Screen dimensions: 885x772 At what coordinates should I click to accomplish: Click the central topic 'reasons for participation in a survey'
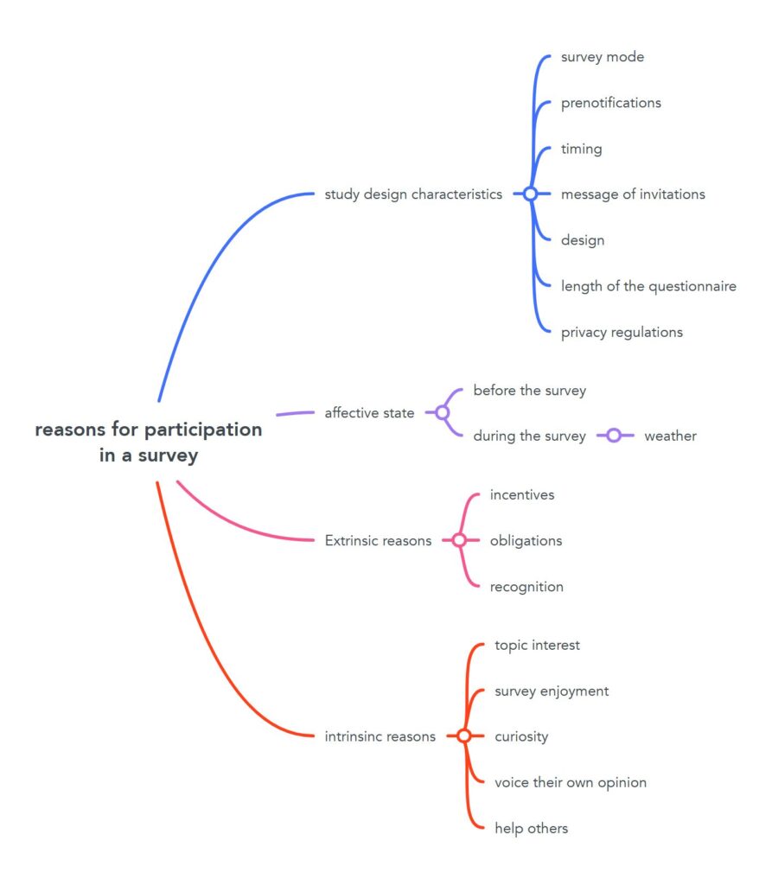pyautogui.click(x=149, y=442)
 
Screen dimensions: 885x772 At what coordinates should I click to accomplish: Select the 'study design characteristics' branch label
pyautogui.click(x=413, y=194)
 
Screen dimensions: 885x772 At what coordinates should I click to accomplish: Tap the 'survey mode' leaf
pyautogui.click(x=602, y=57)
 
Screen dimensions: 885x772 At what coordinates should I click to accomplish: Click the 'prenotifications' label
pyautogui.click(x=610, y=103)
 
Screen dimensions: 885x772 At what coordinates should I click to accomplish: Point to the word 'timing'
pyautogui.click(x=581, y=149)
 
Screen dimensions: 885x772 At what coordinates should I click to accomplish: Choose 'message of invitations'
pyautogui.click(x=633, y=194)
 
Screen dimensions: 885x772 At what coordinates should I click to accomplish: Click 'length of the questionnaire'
pyautogui.click(x=648, y=286)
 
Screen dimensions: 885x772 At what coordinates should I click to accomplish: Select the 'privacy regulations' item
pyautogui.click(x=622, y=332)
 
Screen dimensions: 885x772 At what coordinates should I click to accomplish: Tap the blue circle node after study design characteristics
pyautogui.click(x=530, y=194)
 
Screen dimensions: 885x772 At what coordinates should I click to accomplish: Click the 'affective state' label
pyautogui.click(x=369, y=413)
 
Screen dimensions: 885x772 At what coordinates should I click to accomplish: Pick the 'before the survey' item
pyautogui.click(x=529, y=391)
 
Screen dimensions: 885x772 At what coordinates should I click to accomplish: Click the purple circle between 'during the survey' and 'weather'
pyautogui.click(x=614, y=436)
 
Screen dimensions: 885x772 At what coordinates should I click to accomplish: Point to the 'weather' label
pyautogui.click(x=670, y=436)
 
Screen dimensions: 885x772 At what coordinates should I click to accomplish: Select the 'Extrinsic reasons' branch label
pyautogui.click(x=378, y=541)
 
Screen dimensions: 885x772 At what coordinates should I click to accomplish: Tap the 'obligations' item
pyautogui.click(x=526, y=541)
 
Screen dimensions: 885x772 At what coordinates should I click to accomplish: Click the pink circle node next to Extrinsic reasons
pyautogui.click(x=459, y=541)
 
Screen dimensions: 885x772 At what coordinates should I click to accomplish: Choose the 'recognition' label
pyautogui.click(x=526, y=587)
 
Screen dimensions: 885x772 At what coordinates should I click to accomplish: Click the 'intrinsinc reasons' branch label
pyautogui.click(x=380, y=736)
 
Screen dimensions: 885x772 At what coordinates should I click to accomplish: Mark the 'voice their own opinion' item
pyautogui.click(x=571, y=782)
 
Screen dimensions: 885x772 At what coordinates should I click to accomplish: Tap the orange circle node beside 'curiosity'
pyautogui.click(x=463, y=736)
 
